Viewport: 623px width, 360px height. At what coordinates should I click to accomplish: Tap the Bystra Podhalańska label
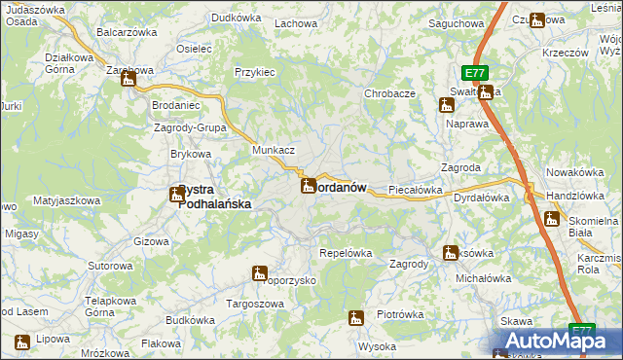tap(214, 198)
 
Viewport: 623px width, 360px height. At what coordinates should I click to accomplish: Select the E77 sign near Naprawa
tap(474, 73)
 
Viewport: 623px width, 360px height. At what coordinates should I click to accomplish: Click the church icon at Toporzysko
tap(260, 273)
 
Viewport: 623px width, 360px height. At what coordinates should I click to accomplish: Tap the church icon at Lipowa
tap(22, 342)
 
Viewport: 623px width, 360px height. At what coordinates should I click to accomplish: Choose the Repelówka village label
tap(346, 253)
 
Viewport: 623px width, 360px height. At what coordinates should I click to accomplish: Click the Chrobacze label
tap(390, 93)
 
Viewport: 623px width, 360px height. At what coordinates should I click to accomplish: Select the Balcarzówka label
tap(127, 32)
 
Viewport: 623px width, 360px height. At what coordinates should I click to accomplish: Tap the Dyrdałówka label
tap(482, 198)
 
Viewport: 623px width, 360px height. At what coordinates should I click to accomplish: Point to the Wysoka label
tap(377, 346)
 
